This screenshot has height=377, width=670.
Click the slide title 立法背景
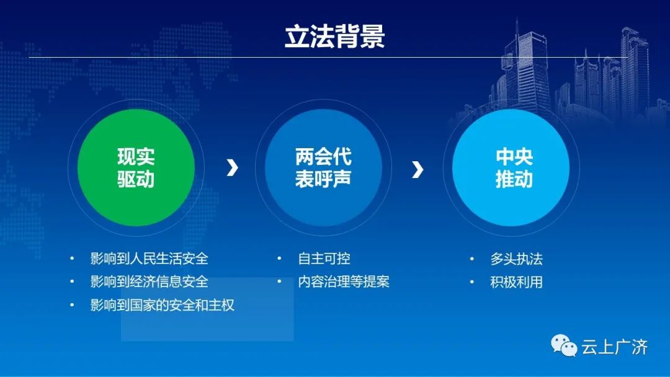point(334,36)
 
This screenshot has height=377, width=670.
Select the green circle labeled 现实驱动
point(136,167)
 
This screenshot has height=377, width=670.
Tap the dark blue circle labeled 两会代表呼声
point(323,167)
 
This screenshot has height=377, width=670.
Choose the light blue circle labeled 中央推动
point(511,167)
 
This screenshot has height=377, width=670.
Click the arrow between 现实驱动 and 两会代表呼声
point(232,168)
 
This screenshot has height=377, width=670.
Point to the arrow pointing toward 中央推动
point(418,169)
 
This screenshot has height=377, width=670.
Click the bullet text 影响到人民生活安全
point(149,259)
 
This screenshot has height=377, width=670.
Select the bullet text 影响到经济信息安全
point(149,282)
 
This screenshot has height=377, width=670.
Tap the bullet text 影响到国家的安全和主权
point(163,305)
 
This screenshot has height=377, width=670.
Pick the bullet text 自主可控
point(324,259)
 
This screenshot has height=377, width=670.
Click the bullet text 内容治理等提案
point(344,282)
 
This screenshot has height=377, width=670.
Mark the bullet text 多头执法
point(517,259)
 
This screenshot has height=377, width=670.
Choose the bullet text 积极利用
point(517,282)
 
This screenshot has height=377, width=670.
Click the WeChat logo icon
point(563,345)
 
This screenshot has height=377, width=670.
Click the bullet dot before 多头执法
point(471,259)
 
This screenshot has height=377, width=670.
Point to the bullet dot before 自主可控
point(279,259)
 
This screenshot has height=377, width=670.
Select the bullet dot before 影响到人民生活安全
point(72,259)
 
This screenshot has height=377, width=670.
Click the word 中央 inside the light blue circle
point(514,157)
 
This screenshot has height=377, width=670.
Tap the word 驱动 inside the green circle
point(136,179)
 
